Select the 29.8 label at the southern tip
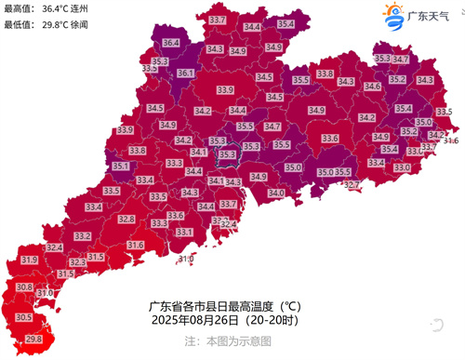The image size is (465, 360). click(x=33, y=340)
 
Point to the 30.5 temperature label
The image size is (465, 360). click(x=24, y=317)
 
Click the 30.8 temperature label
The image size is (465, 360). click(x=25, y=287)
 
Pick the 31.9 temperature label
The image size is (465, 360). click(x=29, y=260)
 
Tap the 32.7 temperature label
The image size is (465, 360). click(x=351, y=185)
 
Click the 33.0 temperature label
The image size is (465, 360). click(x=402, y=167)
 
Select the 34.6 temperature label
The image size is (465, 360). click(x=372, y=87)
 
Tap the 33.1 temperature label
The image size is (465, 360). click(x=184, y=232)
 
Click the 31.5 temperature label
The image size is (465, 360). click(x=65, y=274)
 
